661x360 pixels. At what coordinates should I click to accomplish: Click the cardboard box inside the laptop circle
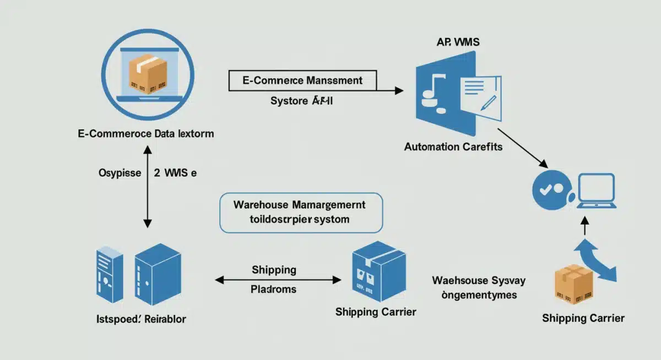tap(147, 73)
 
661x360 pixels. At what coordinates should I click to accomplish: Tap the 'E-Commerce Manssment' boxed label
tap(302, 80)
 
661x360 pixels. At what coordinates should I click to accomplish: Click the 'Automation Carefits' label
tap(453, 147)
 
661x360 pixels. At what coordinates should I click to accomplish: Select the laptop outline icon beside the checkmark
tap(595, 191)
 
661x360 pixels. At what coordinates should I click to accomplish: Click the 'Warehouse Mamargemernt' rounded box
tap(301, 212)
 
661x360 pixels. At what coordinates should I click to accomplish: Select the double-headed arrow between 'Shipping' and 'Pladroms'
tap(278, 280)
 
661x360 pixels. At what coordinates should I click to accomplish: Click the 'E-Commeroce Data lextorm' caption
tap(146, 133)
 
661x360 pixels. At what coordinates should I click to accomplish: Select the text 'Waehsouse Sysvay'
tap(479, 280)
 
